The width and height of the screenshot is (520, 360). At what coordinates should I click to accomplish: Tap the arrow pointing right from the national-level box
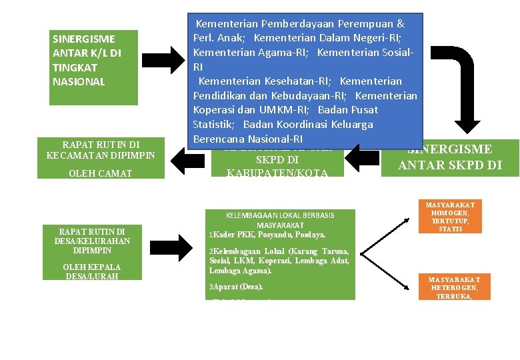[166, 60]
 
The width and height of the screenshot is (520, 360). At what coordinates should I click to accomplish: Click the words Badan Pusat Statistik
[348, 110]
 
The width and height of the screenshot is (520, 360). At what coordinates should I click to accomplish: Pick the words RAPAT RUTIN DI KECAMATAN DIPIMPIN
[101, 149]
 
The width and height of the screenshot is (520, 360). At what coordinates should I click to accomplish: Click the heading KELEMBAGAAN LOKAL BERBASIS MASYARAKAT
[280, 220]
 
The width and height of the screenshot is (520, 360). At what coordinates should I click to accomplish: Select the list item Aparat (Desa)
[237, 287]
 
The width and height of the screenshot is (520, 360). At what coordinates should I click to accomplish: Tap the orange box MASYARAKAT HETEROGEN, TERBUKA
[450, 287]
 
